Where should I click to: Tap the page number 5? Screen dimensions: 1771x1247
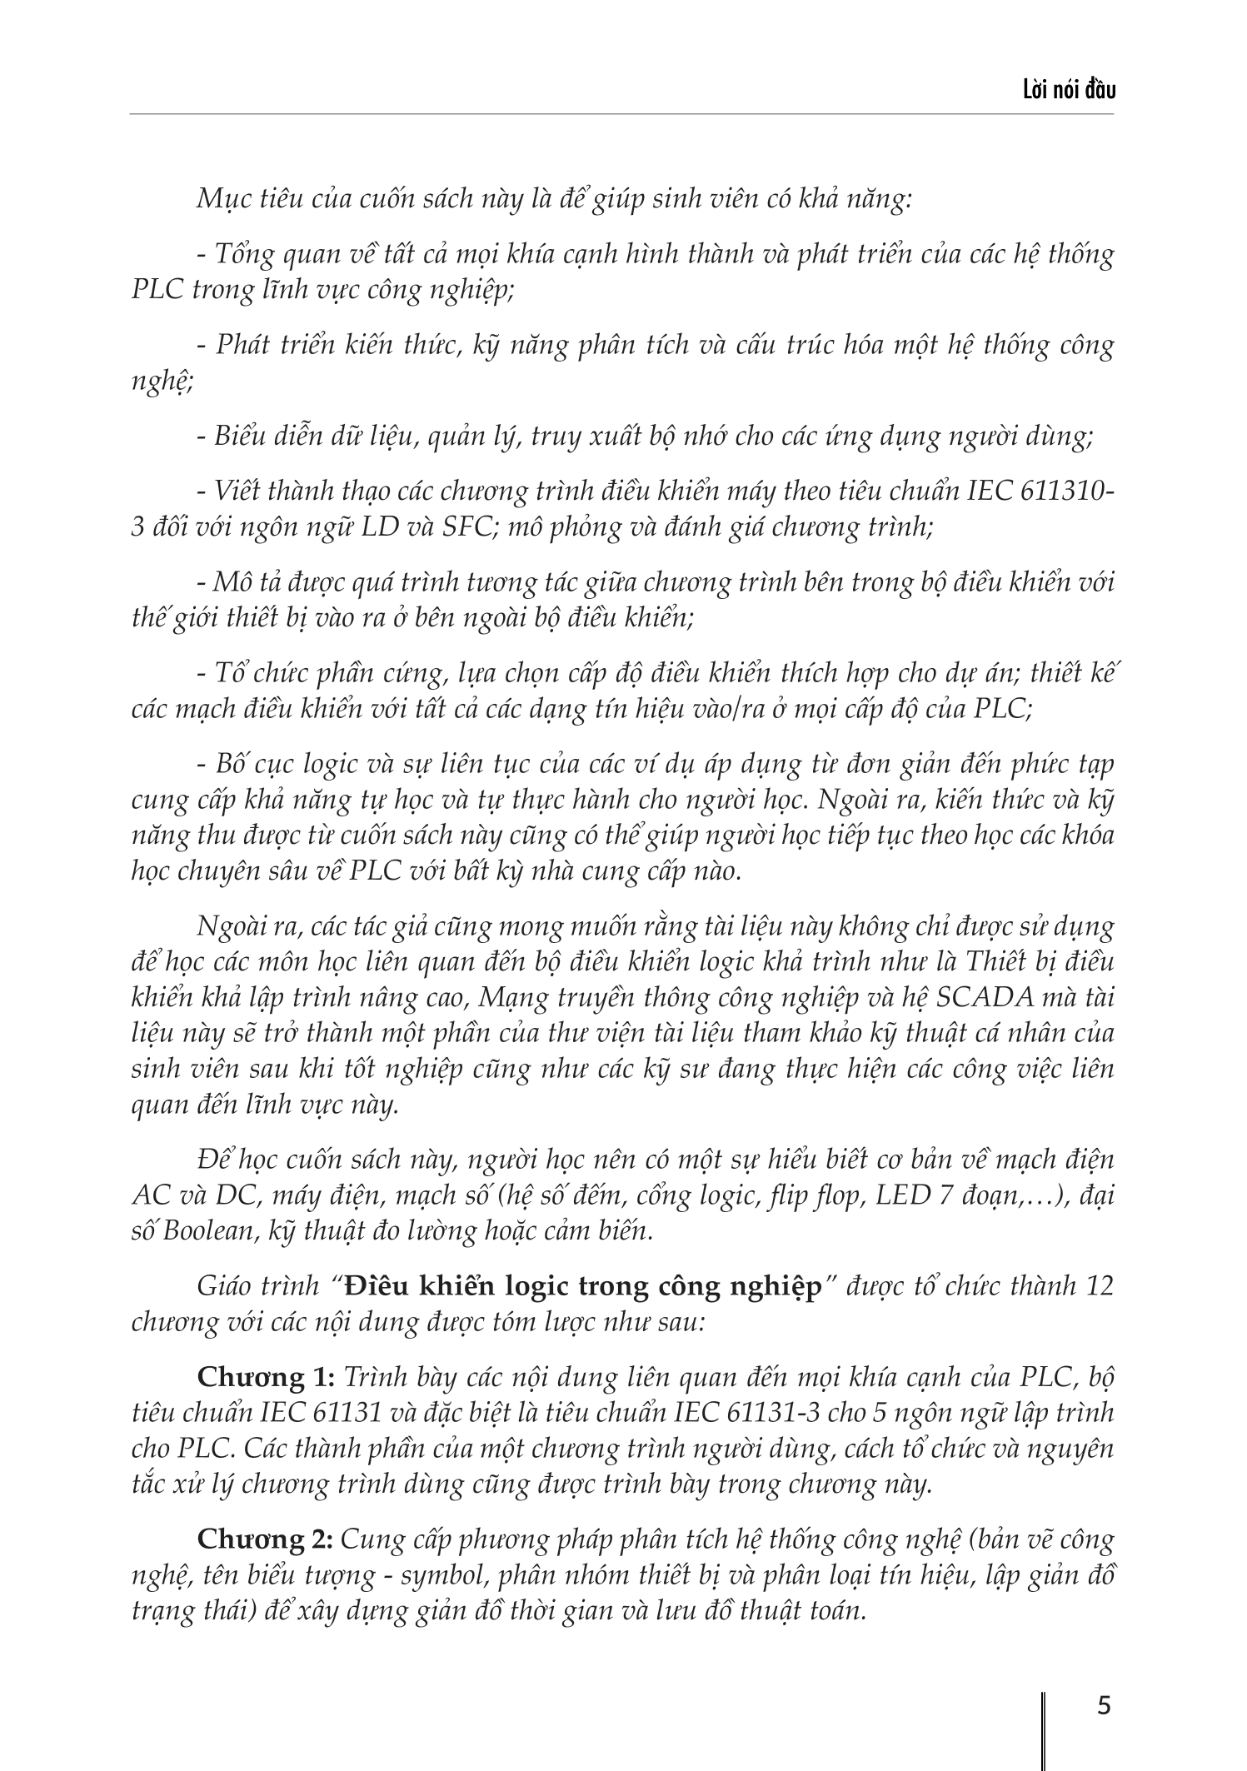pos(1105,1705)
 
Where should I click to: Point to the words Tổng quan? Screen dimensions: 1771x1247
pos(267,254)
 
